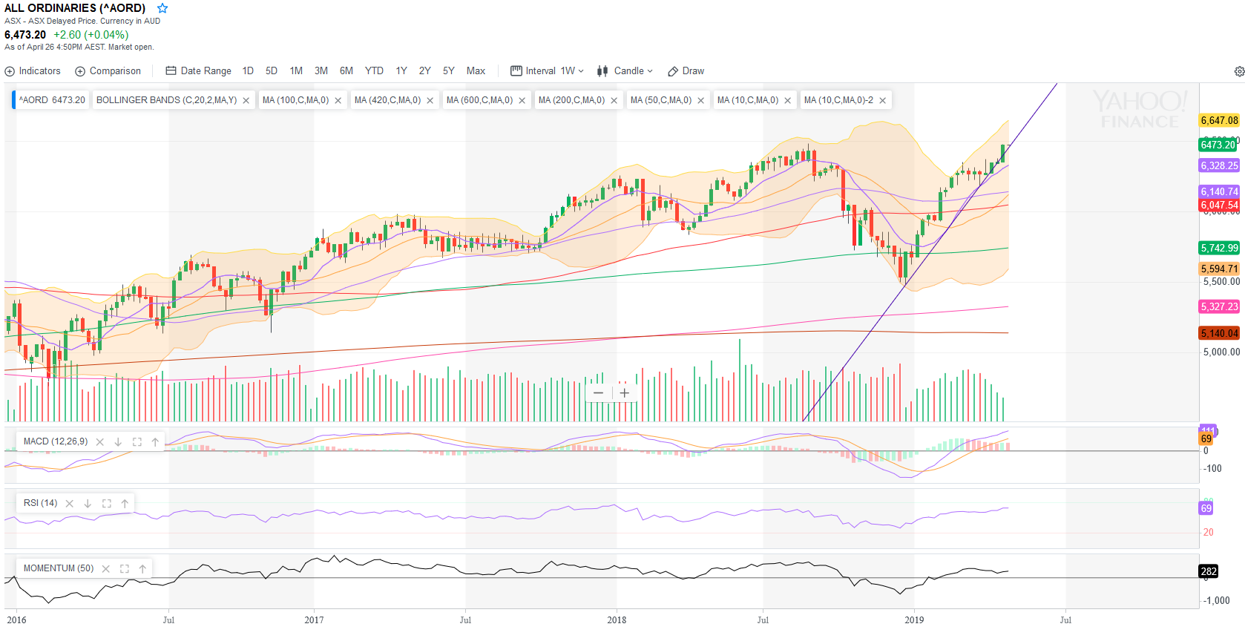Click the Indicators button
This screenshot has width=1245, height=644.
(x=33, y=71)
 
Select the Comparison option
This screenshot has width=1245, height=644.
(x=108, y=71)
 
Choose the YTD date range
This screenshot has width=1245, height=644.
(x=374, y=71)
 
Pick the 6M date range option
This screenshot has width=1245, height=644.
(x=346, y=71)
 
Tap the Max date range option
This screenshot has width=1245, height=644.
(x=476, y=71)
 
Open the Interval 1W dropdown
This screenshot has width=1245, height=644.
(x=548, y=71)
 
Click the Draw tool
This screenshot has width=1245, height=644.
(x=686, y=71)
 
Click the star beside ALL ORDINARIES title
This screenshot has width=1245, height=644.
(x=162, y=8)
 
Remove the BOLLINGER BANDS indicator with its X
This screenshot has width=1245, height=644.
(x=246, y=101)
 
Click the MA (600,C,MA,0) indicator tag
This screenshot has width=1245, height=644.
(x=479, y=100)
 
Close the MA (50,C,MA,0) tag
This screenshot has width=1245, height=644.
(x=701, y=101)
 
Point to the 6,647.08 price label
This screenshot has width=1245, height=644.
(x=1219, y=120)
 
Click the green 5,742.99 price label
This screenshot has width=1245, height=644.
(x=1219, y=248)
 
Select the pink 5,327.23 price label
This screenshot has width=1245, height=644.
(x=1219, y=306)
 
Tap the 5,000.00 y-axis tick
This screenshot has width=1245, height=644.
(x=1221, y=352)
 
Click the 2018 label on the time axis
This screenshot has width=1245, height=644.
(x=617, y=620)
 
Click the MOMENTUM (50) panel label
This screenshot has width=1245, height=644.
(x=59, y=568)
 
